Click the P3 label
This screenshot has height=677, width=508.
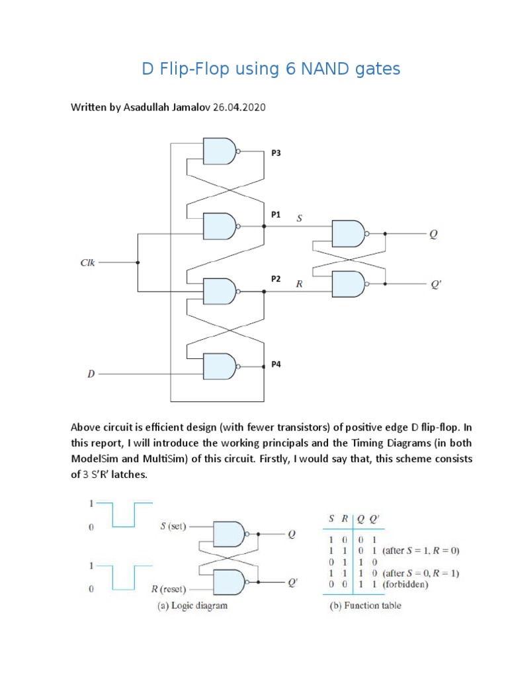point(276,153)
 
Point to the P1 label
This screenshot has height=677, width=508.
point(276,215)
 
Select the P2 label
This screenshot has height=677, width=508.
point(276,279)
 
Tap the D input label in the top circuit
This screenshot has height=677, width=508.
point(91,374)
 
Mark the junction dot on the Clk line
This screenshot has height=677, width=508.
point(138,262)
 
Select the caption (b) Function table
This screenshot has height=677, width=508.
point(365,605)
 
